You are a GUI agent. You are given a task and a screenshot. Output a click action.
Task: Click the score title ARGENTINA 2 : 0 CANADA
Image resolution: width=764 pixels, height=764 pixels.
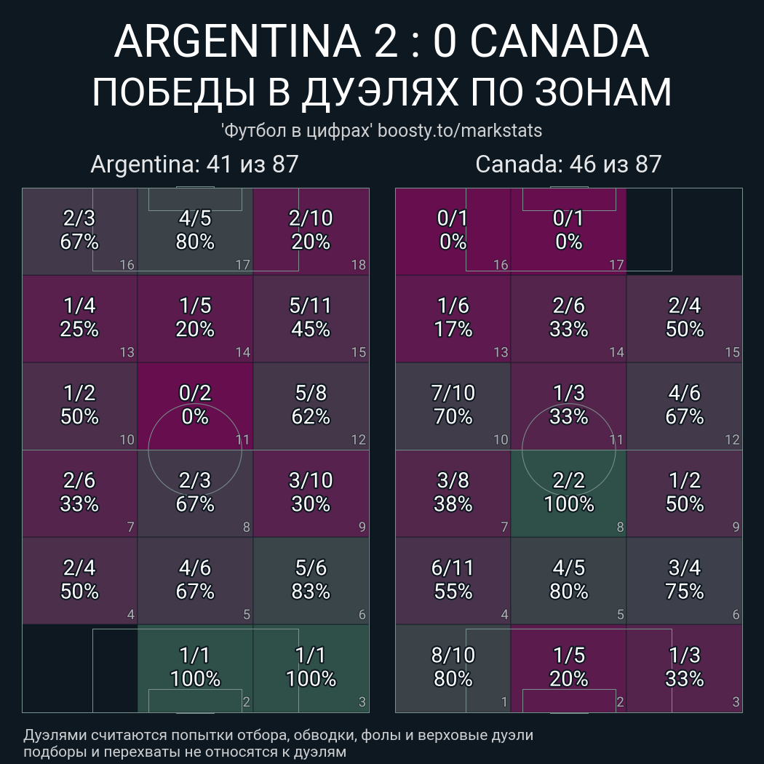click(381, 42)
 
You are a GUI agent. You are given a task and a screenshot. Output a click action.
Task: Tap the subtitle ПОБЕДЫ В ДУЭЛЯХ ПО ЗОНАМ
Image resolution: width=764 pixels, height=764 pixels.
click(381, 92)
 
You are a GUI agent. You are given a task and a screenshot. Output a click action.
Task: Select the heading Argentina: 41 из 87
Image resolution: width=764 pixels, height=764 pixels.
click(194, 164)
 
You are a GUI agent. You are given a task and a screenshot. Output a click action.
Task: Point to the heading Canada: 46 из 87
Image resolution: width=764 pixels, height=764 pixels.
click(568, 164)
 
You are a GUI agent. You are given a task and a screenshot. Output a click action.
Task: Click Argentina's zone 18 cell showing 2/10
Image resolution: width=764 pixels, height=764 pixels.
click(311, 231)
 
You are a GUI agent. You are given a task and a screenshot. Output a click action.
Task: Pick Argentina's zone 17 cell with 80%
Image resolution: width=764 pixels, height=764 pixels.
click(195, 231)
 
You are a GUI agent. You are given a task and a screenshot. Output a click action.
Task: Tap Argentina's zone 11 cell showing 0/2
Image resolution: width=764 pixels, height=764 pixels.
click(195, 405)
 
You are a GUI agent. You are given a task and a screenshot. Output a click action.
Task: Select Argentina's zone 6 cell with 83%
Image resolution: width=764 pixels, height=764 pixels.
click(311, 580)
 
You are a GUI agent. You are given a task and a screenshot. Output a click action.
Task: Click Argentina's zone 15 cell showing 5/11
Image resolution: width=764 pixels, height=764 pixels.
click(311, 318)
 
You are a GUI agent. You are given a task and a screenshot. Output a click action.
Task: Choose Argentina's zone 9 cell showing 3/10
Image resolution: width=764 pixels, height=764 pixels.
click(311, 493)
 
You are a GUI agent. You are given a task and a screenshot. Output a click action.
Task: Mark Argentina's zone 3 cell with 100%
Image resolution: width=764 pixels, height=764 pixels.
click(311, 668)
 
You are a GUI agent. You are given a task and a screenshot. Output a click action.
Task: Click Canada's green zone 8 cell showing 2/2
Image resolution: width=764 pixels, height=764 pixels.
click(568, 493)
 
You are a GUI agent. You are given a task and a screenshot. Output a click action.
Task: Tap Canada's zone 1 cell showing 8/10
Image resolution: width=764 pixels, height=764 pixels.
click(453, 668)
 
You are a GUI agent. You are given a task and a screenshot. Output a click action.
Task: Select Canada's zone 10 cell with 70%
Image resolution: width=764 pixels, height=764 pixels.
click(453, 405)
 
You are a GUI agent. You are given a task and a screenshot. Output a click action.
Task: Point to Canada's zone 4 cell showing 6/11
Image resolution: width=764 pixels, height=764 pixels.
click(453, 580)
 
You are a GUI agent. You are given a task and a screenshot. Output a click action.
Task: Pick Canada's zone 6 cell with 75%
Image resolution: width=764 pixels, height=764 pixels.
click(684, 580)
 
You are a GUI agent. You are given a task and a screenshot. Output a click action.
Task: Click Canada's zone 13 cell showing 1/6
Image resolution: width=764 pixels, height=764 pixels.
click(453, 318)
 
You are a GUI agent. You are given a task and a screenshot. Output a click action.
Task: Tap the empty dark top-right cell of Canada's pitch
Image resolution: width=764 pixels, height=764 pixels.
click(684, 231)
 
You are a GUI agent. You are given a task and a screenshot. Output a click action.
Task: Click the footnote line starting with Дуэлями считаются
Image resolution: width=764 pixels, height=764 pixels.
click(278, 736)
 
